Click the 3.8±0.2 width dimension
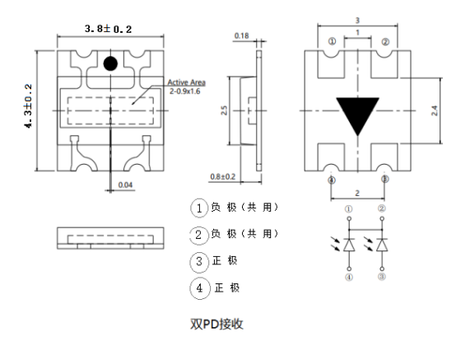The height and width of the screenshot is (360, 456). click(109, 29)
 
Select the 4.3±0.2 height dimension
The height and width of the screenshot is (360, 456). click(30, 105)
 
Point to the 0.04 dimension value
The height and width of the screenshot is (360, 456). click(126, 184)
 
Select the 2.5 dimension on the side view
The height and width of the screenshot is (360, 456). click(225, 110)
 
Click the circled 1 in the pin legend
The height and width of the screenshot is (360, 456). click(198, 207)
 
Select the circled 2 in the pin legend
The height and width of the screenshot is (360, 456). click(198, 234)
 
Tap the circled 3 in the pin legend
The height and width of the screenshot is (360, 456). click(198, 261)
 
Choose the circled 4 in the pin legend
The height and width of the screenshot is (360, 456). click(198, 288)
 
